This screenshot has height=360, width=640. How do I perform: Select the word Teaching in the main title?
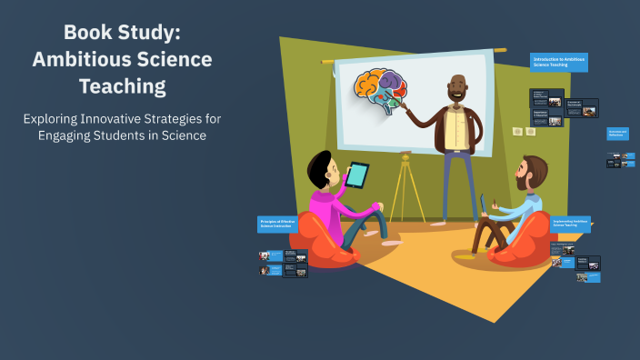point(122,86)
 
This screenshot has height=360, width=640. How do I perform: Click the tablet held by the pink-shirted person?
point(357,175)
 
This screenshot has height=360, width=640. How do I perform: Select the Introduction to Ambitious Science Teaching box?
point(559,62)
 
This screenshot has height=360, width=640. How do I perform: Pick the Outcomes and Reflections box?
point(618,134)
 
